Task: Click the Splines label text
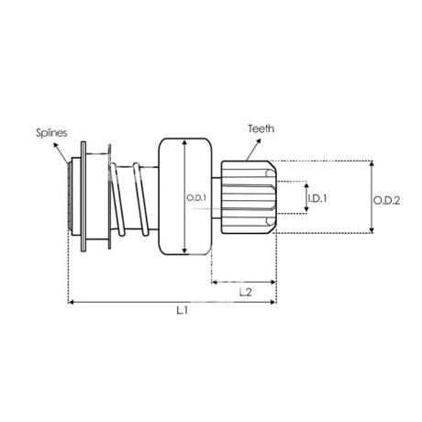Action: click(x=51, y=133)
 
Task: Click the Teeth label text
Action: click(x=261, y=128)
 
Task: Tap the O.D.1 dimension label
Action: click(x=196, y=198)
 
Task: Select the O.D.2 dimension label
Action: click(x=386, y=201)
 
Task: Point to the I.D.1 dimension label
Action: click(x=317, y=198)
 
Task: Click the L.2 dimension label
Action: click(x=245, y=293)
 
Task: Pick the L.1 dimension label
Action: click(x=182, y=311)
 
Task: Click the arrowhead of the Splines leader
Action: click(x=56, y=145)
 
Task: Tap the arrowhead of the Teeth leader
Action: click(x=259, y=141)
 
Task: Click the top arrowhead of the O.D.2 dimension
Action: click(x=372, y=163)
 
